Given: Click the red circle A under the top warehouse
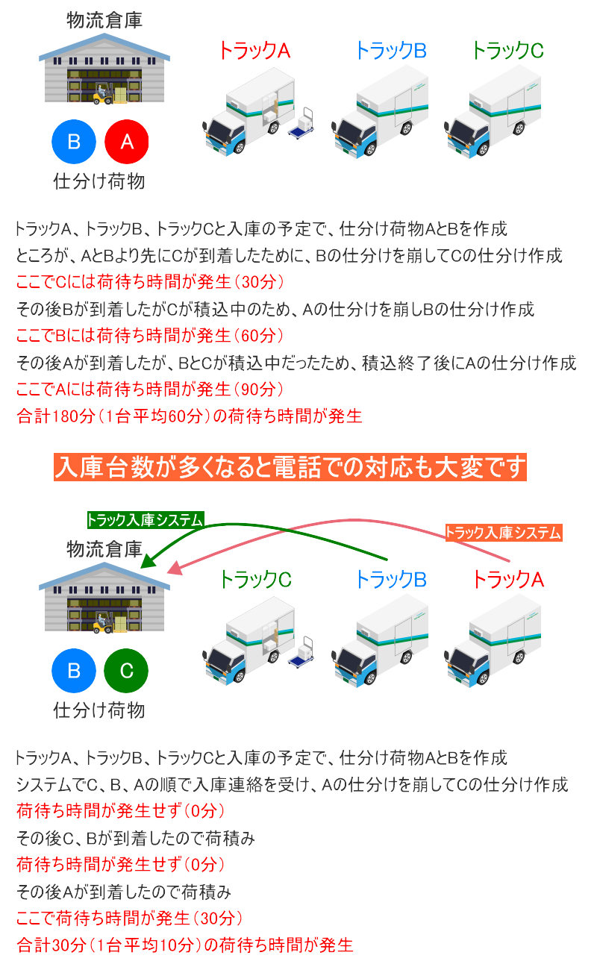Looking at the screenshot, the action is pos(127,142).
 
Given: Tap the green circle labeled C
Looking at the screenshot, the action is pos(126,670).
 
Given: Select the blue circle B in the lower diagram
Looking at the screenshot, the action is pos(74,670).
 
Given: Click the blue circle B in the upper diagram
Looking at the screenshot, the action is pos(74,142).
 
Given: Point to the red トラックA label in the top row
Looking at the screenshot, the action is pos(254,50).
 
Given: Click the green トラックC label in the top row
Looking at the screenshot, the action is pos(507,50).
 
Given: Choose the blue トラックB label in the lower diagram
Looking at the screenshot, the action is pos(391,579).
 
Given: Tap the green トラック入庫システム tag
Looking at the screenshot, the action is pos(145,519).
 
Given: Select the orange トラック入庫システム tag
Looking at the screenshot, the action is pos(504,533).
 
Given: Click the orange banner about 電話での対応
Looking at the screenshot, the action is pos(290,467).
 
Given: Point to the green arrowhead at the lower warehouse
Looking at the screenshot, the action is pos(149,561).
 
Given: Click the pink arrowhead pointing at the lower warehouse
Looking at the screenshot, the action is pos(175,568).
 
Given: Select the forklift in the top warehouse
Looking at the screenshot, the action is pos(103,95).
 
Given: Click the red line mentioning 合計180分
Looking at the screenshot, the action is pos(190,416).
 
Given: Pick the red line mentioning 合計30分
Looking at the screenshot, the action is pos(185,945).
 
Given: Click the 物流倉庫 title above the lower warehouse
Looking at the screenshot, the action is pos(104,549).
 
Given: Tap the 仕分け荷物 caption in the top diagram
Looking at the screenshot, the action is pos(99,181).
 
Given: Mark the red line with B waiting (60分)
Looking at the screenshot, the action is pos(150,336).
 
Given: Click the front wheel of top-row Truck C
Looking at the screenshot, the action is pos(483,148).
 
